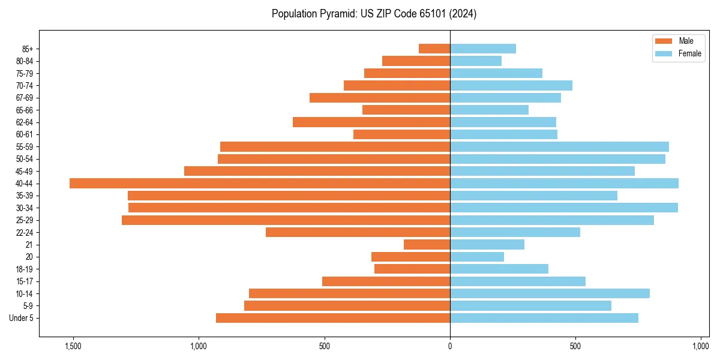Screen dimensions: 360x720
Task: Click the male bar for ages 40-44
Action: pyautogui.click(x=260, y=184)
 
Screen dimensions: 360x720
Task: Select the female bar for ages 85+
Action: pyautogui.click(x=483, y=49)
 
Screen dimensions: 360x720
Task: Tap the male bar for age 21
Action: pyautogui.click(x=427, y=245)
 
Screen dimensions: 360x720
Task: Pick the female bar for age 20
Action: pyautogui.click(x=477, y=257)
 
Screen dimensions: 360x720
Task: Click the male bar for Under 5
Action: pyautogui.click(x=333, y=318)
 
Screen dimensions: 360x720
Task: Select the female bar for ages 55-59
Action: pyautogui.click(x=559, y=147)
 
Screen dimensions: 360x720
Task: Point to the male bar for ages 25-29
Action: pyautogui.click(x=286, y=220)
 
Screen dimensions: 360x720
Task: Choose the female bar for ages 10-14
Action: pyautogui.click(x=550, y=293)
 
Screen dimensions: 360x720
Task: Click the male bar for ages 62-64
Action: pyautogui.click(x=371, y=122)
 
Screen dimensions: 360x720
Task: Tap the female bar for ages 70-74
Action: pyautogui.click(x=511, y=86)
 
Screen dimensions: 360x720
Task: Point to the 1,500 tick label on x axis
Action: pyautogui.click(x=73, y=346)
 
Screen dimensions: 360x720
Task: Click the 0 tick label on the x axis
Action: pyautogui.click(x=450, y=346)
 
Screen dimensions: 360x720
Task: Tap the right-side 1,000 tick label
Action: pyautogui.click(x=701, y=346)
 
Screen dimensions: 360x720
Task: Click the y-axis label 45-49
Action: pyautogui.click(x=25, y=172)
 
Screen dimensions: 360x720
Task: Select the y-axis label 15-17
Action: pyautogui.click(x=25, y=281)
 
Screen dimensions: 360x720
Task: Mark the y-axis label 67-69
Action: pyautogui.click(x=25, y=98)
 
